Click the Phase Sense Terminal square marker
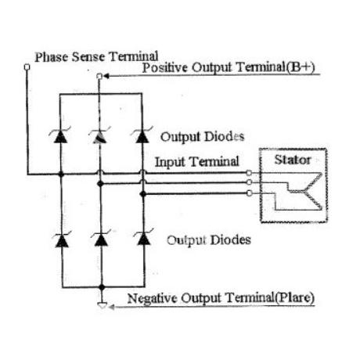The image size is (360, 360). point(27,67)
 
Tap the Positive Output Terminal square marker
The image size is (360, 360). point(99,76)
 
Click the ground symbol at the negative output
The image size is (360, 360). point(102,305)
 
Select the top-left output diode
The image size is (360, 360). point(60,135)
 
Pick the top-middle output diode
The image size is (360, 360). point(99,135)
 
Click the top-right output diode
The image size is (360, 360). point(142,135)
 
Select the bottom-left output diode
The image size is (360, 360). point(62,239)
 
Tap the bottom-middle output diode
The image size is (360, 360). point(101,239)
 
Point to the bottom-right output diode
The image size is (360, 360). point(144,238)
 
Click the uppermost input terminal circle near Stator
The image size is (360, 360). point(249,173)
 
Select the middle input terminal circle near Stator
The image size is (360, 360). point(249,182)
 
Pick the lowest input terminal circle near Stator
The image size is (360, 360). point(250,193)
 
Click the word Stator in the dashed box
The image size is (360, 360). point(293,160)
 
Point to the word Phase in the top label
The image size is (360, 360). point(52,57)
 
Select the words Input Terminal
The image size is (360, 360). point(197,162)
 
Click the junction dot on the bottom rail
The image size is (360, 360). point(102,287)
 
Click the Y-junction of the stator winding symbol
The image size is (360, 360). point(304,193)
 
